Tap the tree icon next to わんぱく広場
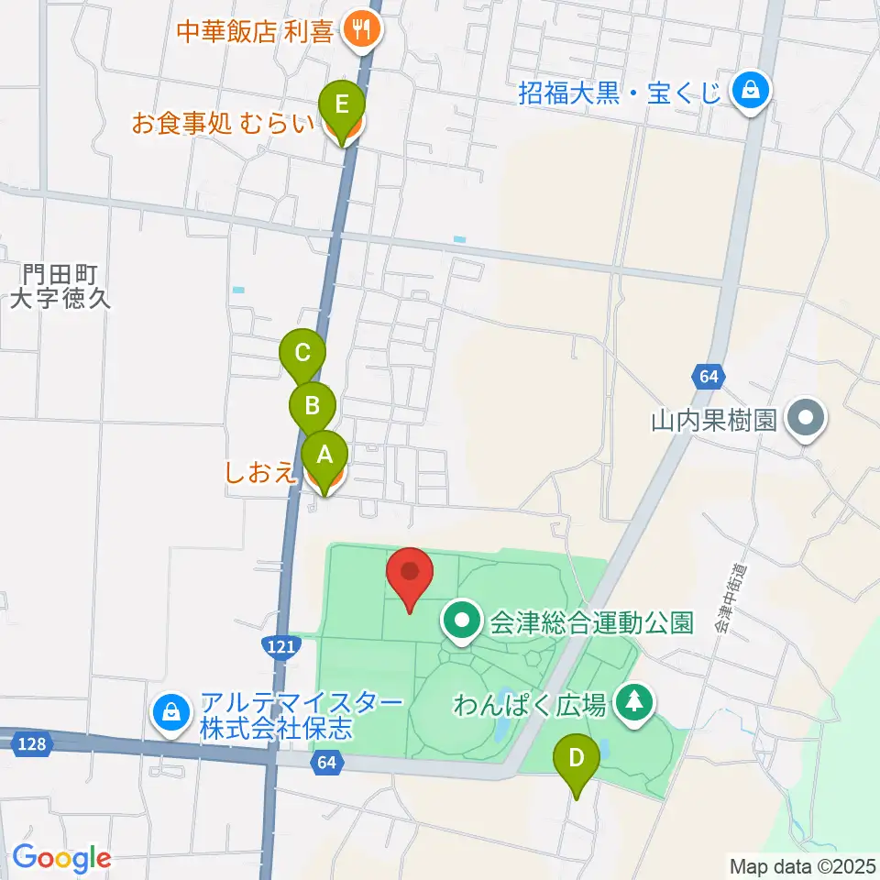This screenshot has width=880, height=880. click(632, 704)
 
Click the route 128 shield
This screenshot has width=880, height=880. click(31, 745)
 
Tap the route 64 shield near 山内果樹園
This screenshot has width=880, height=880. click(706, 376)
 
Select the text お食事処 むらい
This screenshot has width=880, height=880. click(222, 124)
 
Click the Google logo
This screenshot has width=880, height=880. click(61, 858)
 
